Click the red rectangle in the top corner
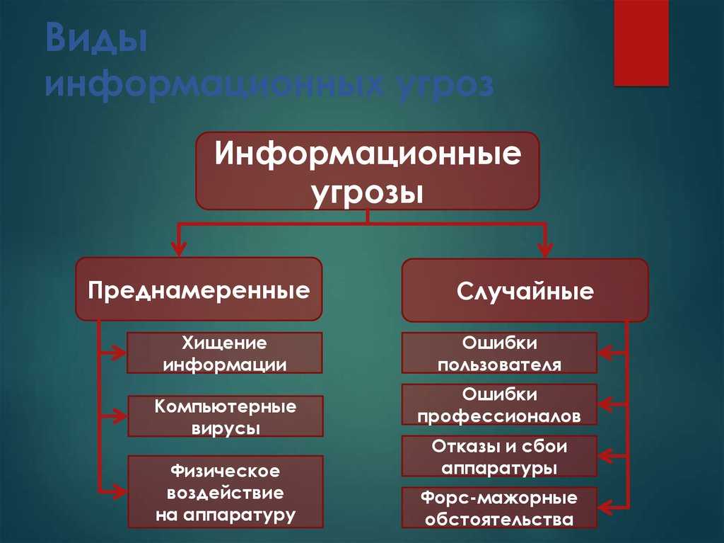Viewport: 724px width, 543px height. pyautogui.click(x=641, y=43)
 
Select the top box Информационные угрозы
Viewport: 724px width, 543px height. pyautogui.click(x=368, y=171)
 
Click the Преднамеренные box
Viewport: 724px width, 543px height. pyautogui.click(x=199, y=289)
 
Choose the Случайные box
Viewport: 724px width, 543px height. pyautogui.click(x=525, y=290)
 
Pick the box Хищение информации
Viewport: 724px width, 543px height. pyautogui.click(x=225, y=353)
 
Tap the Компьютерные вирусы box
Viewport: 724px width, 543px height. pyautogui.click(x=226, y=416)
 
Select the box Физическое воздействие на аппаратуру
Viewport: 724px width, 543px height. pyautogui.click(x=226, y=491)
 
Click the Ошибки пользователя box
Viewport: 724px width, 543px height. pyautogui.click(x=499, y=353)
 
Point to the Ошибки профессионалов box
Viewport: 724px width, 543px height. pyautogui.click(x=499, y=404)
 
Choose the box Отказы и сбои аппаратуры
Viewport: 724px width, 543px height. pyautogui.click(x=499, y=456)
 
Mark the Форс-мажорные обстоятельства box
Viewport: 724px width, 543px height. pyautogui.click(x=499, y=508)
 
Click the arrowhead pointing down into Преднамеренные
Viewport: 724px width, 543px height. pyautogui.click(x=179, y=248)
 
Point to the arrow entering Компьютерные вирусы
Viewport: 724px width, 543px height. pyautogui.click(x=113, y=416)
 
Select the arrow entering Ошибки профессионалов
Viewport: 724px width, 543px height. pyautogui.click(x=612, y=404)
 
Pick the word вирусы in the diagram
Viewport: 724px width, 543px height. pyautogui.click(x=226, y=428)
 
